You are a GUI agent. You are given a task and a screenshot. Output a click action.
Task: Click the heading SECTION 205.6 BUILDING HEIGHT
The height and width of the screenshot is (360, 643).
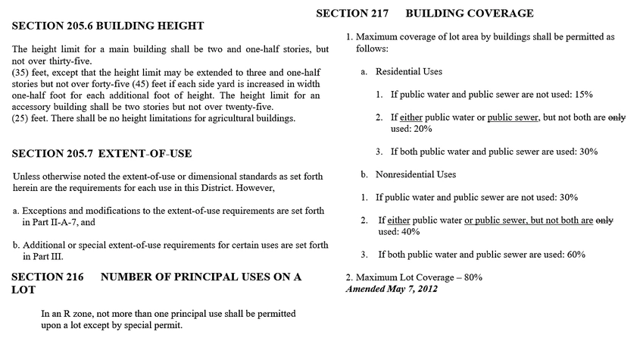click(x=108, y=26)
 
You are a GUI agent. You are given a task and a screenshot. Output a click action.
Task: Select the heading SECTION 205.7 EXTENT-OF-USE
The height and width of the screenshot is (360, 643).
click(x=102, y=154)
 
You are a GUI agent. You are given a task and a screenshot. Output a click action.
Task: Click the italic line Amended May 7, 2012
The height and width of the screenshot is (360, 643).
click(x=391, y=289)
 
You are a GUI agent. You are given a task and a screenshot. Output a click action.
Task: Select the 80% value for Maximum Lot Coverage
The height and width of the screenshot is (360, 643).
click(x=473, y=277)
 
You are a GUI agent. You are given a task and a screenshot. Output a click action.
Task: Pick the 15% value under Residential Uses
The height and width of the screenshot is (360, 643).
click(x=582, y=95)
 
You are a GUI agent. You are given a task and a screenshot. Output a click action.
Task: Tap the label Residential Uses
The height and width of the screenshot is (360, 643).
click(x=409, y=71)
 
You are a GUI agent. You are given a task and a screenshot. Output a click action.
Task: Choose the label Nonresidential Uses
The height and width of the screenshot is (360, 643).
click(x=416, y=174)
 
